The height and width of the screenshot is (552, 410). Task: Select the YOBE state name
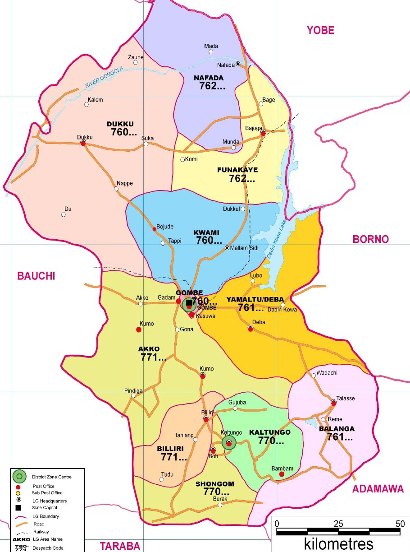pos(320,30)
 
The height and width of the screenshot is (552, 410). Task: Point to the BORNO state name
pos(370,239)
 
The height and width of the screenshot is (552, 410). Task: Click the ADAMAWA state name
pos(378,489)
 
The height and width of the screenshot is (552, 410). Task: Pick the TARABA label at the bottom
pos(120,546)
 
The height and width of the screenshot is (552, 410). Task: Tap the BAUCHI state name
pos(36,276)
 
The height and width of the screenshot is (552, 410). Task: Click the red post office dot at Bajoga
pos(263,133)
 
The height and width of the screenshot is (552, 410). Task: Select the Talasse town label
pos(345,398)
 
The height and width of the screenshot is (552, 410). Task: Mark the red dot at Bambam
pos(282,474)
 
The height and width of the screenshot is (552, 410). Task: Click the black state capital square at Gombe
pos(189,303)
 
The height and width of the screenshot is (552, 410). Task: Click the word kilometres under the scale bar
pos(338,543)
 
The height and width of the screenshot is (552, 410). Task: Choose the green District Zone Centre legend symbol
pos(19,476)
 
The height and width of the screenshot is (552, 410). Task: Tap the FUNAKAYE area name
pos(237,170)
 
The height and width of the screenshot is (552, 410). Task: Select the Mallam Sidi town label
pos(246,248)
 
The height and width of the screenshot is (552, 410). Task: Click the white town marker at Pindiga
pos(133,396)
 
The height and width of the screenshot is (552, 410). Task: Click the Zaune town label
pos(136,57)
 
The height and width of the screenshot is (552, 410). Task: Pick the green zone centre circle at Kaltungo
pos(229,443)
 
